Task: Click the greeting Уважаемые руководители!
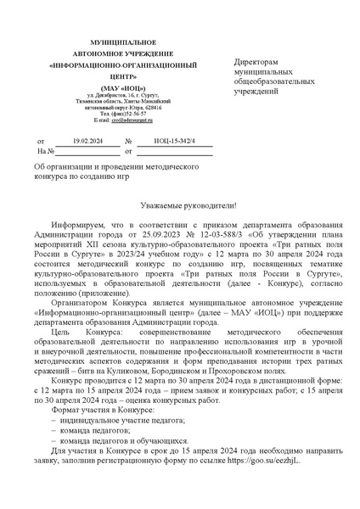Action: (180, 207)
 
